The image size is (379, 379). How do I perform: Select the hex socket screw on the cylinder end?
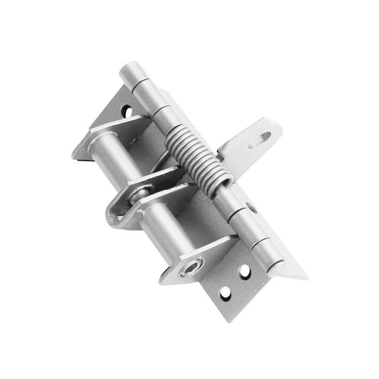tap(192, 267)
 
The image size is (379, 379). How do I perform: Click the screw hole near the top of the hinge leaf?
tap(128, 112)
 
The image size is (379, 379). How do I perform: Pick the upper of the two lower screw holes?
tap(245, 270)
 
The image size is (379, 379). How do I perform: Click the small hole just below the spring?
tap(251, 207)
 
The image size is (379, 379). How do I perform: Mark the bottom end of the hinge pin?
tap(276, 267)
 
